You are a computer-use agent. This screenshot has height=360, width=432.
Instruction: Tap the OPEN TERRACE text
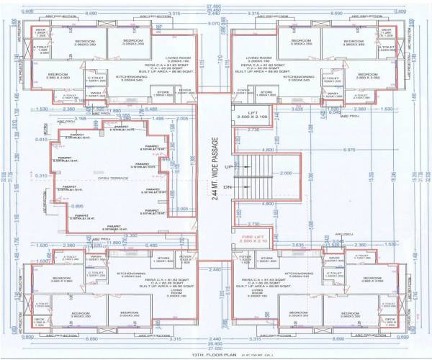click(113, 177)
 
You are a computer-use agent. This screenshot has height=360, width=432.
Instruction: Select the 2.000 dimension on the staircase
click(286, 174)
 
